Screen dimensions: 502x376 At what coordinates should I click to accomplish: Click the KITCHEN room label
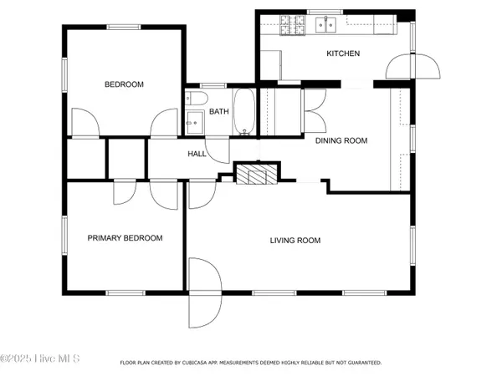(x=343, y=53)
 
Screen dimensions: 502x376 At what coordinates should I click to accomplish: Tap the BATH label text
(x=219, y=112)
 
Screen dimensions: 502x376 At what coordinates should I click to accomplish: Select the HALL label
(x=197, y=154)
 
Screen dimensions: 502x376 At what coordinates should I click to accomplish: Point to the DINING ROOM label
(x=341, y=140)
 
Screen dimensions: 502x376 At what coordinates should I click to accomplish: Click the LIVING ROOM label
(x=295, y=241)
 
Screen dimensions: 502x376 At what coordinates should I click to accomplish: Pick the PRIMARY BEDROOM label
(x=125, y=238)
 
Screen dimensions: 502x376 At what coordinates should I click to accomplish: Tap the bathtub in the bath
(x=244, y=112)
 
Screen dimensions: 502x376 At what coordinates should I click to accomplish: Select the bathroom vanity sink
(x=195, y=123)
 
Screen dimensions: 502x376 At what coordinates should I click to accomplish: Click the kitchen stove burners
(x=293, y=25)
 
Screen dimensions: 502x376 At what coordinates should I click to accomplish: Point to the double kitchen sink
(x=326, y=24)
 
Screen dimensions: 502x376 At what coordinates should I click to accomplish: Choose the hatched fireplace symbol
(x=257, y=175)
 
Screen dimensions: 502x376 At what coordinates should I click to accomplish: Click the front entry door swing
(x=205, y=293)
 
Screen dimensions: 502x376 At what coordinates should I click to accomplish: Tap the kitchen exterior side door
(x=413, y=66)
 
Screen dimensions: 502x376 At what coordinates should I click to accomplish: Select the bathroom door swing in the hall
(x=218, y=150)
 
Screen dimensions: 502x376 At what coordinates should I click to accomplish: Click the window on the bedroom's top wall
(x=124, y=28)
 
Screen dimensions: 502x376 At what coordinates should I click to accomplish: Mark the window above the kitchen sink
(x=325, y=13)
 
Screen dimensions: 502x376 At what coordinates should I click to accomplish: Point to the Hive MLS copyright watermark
(x=39, y=358)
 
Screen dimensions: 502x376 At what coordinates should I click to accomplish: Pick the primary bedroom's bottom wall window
(x=125, y=293)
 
